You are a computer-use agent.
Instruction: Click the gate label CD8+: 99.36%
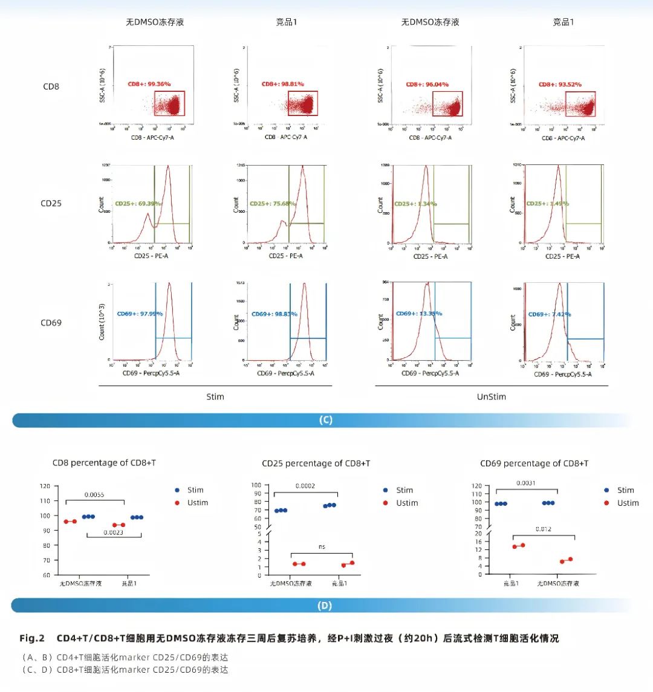(x=149, y=84)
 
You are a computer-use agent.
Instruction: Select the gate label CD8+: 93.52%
(x=560, y=85)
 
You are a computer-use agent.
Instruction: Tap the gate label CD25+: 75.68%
(x=272, y=204)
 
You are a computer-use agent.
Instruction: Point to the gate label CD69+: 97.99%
(x=140, y=314)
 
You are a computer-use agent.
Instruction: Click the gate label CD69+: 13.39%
(x=418, y=314)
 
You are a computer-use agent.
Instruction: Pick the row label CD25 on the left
(x=51, y=203)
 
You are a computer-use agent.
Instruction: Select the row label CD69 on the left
(x=51, y=323)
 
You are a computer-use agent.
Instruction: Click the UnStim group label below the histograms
(x=491, y=397)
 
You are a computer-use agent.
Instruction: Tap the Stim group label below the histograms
(x=215, y=397)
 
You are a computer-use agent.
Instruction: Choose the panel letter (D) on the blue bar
(x=325, y=606)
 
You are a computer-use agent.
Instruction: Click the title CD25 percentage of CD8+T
(x=316, y=464)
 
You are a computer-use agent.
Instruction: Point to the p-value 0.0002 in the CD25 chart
(x=305, y=486)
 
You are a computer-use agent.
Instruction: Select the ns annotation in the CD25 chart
(x=322, y=546)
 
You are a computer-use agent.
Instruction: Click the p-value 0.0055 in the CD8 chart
(x=94, y=495)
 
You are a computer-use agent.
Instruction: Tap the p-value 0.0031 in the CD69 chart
(x=526, y=483)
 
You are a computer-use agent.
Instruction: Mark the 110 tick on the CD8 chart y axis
(x=45, y=501)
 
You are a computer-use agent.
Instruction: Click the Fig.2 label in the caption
(x=32, y=639)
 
